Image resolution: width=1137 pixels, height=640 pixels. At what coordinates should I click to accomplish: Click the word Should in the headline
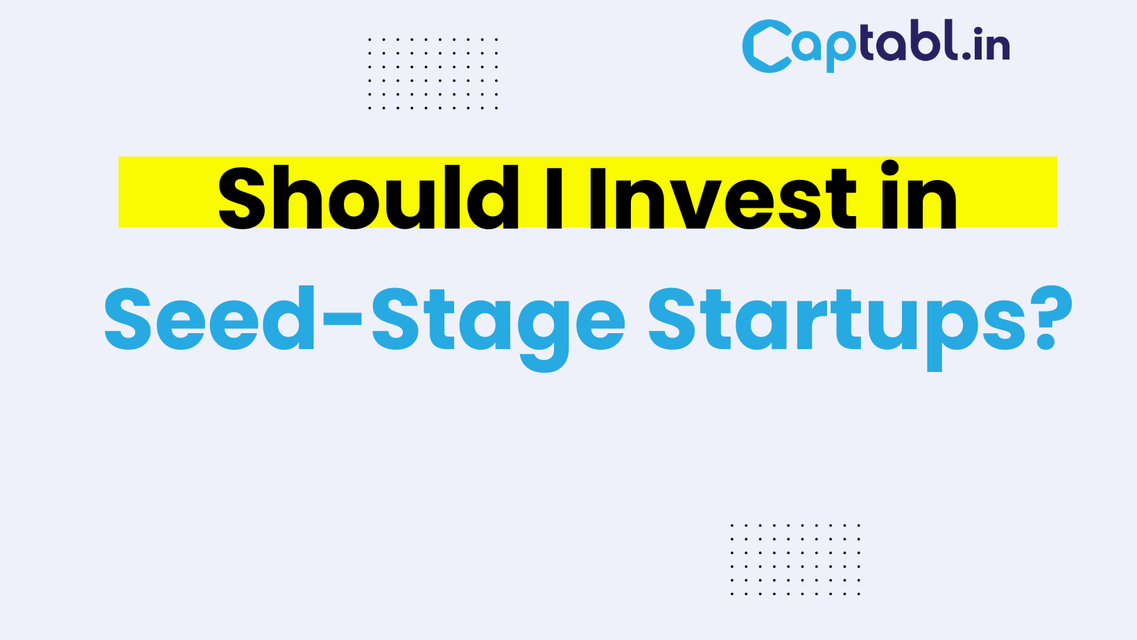pyautogui.click(x=369, y=197)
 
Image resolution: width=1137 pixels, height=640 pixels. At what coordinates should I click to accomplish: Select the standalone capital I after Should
pyautogui.click(x=554, y=198)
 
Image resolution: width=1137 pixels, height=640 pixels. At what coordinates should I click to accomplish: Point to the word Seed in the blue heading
pyautogui.click(x=209, y=318)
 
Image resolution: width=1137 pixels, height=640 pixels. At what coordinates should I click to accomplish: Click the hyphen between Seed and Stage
pyautogui.click(x=342, y=319)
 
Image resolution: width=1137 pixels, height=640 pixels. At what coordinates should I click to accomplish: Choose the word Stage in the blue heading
pyautogui.click(x=498, y=328)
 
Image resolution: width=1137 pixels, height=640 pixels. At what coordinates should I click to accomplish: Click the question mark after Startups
pyautogui.click(x=1053, y=318)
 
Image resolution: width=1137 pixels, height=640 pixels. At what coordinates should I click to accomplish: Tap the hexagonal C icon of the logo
pyautogui.click(x=767, y=46)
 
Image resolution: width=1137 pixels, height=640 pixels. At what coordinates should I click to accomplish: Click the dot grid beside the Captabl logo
pyautogui.click(x=433, y=73)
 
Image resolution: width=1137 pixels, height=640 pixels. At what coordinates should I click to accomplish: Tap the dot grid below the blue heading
pyautogui.click(x=795, y=560)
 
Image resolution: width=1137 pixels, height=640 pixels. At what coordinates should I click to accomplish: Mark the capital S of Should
pyautogui.click(x=241, y=198)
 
